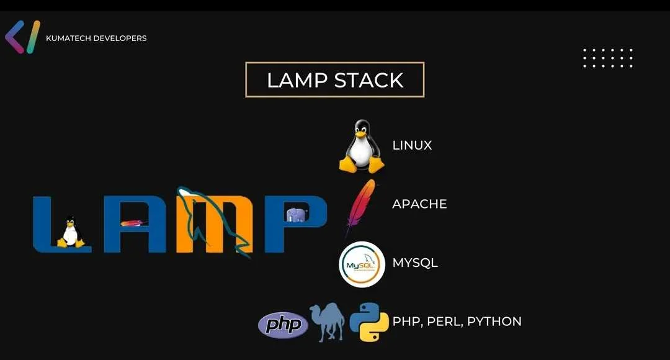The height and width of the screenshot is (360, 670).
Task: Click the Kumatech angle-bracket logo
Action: point(22,37)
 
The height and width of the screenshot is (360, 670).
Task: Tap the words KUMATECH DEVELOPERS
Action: point(96,38)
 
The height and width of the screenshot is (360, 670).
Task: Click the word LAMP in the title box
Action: point(297,81)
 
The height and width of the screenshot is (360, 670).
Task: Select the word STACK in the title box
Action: point(368,81)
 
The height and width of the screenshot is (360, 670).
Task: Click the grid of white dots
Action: point(608,58)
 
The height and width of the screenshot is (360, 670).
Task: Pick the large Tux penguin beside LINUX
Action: point(362,146)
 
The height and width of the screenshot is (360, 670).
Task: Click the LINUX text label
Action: point(412,145)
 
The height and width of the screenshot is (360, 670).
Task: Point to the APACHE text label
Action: point(419,204)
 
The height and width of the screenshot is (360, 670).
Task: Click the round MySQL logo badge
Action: point(362,264)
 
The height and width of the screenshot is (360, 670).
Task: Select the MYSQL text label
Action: point(415,263)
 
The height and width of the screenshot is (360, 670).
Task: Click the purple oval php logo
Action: point(283,325)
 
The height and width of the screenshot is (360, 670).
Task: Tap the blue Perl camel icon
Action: point(328,322)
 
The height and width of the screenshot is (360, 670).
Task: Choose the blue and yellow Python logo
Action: point(369,322)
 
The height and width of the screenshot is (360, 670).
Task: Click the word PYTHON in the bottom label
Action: point(494,321)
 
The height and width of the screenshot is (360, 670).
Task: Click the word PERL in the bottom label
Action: point(445,321)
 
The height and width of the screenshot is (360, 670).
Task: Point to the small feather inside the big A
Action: point(132,223)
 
